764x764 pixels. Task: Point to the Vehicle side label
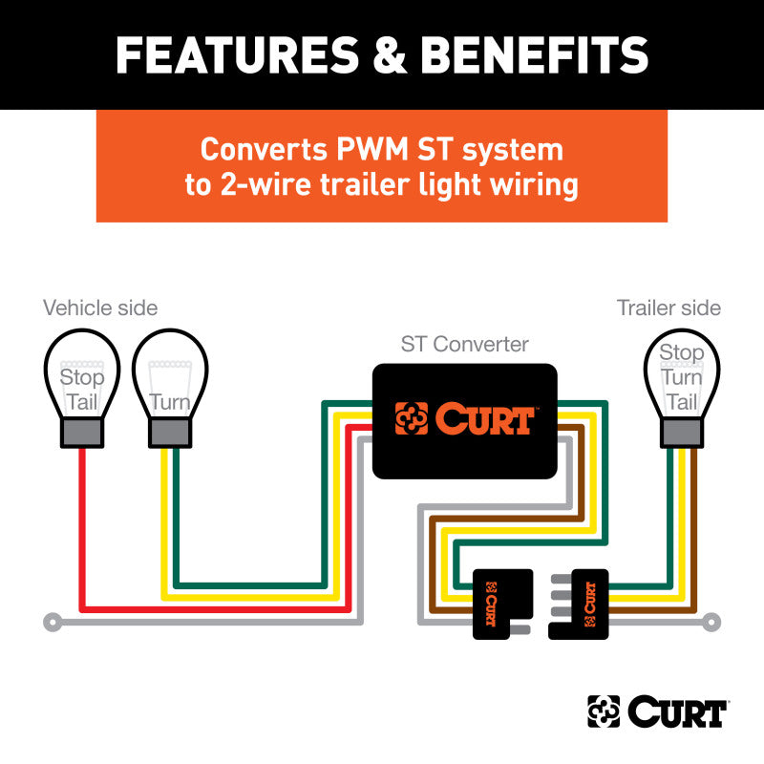100,308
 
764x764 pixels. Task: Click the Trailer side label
668,308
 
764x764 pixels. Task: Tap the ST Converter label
464,344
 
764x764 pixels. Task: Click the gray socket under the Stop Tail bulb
82,433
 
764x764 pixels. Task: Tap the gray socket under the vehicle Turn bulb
169,433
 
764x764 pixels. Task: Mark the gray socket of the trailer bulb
681,433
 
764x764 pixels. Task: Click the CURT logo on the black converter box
464,419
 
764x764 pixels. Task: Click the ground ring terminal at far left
52,624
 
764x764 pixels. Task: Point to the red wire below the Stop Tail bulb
82,525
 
